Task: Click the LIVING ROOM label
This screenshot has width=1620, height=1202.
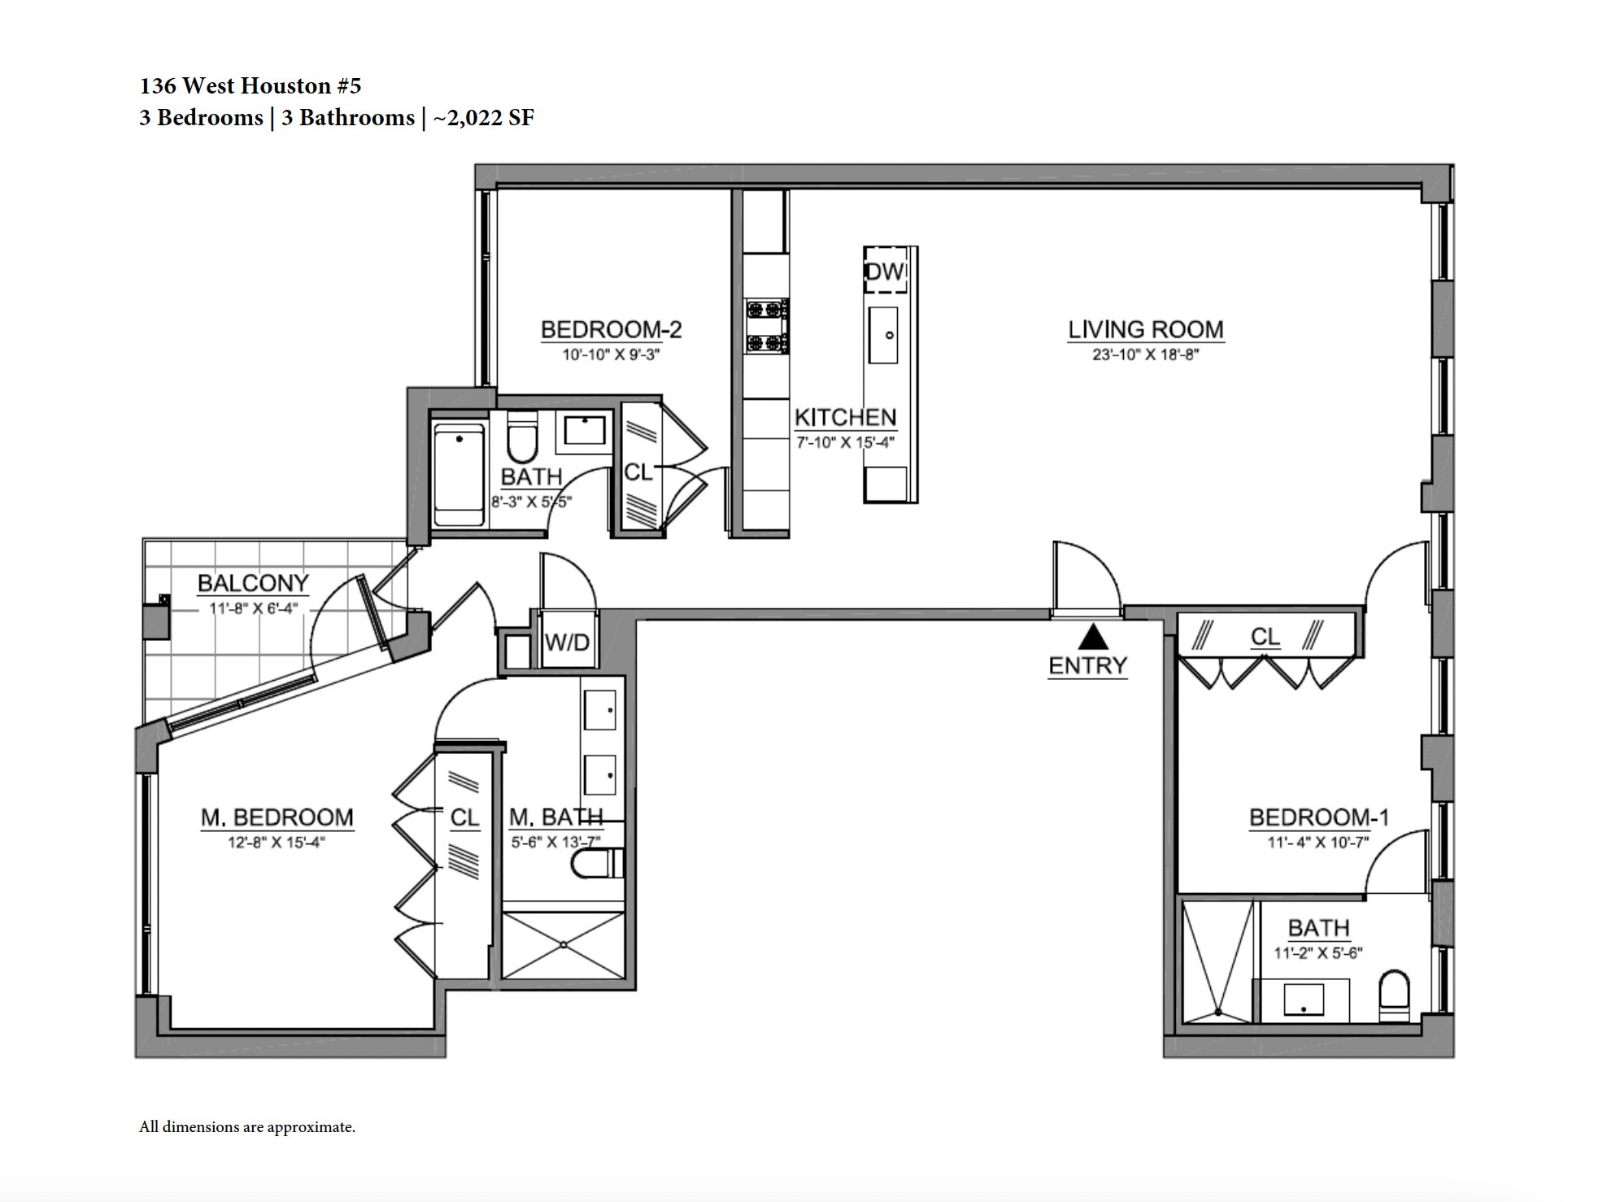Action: tap(1145, 329)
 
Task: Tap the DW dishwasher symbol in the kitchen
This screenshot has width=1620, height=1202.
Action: tap(885, 270)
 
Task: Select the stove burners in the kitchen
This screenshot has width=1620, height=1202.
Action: tap(766, 326)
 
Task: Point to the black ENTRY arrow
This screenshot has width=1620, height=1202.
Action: tap(1093, 636)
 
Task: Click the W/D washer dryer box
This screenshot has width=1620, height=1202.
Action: tap(568, 642)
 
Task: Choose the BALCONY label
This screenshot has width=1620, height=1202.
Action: tap(253, 583)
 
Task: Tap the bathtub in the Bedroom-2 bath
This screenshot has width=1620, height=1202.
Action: tap(459, 476)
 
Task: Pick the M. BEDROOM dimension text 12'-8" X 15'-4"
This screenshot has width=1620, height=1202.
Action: tap(277, 842)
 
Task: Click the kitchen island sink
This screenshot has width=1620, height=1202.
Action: tap(883, 335)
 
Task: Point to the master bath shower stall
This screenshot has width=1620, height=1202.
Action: tap(564, 945)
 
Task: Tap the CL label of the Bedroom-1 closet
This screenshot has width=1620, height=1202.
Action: tap(1265, 636)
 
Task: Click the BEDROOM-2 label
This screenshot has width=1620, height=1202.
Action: tap(611, 329)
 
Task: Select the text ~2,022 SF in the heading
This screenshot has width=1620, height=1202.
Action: tap(484, 118)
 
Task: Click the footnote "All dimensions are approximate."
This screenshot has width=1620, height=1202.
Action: tap(247, 1127)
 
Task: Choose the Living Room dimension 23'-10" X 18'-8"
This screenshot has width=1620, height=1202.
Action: tap(1145, 355)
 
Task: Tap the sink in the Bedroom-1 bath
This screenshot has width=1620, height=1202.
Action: tap(1304, 999)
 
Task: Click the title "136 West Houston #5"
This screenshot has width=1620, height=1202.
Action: tap(250, 85)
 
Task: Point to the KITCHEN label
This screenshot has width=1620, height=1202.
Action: tap(845, 417)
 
